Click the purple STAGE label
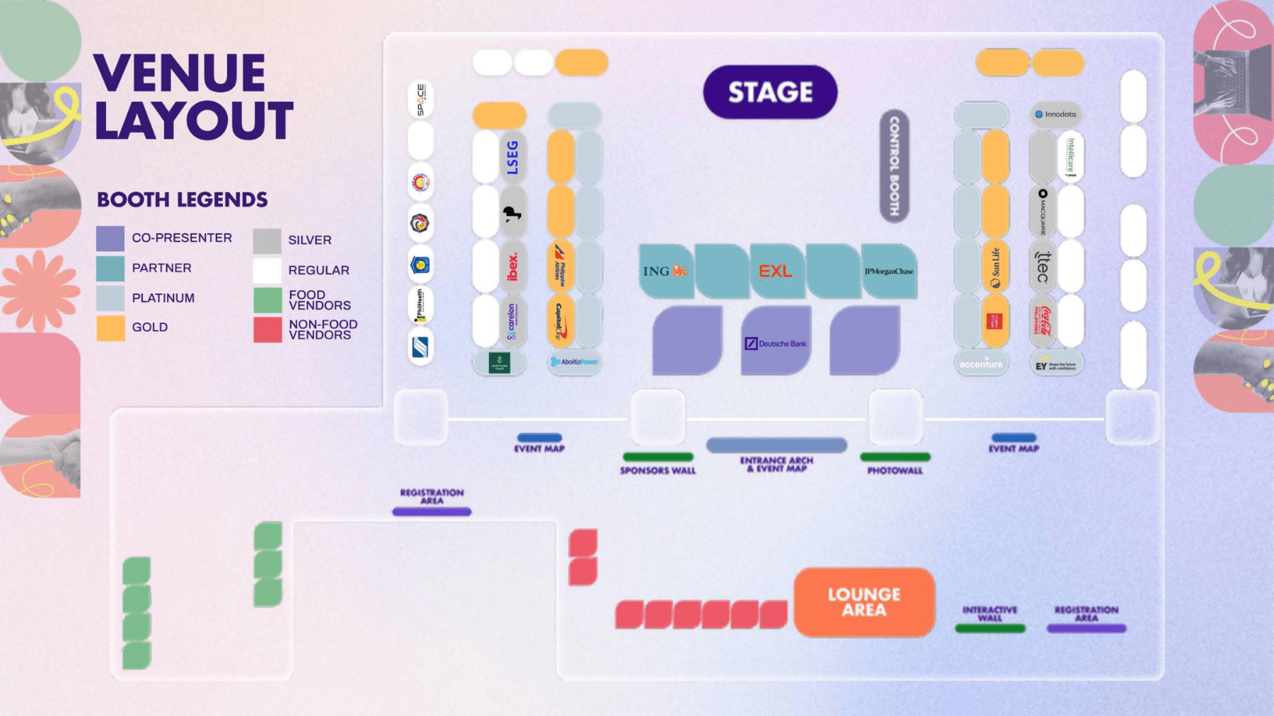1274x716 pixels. pos(770,92)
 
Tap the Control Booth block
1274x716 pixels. pos(894,166)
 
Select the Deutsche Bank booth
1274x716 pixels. pos(776,342)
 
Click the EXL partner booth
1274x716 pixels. pos(776,271)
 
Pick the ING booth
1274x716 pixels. pos(665,271)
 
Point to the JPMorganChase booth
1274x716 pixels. pos(889,271)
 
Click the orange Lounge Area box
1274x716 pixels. pos(864,602)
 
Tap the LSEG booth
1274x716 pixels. pos(512,157)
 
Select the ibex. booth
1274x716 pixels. pos(512,267)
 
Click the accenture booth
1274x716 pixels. pos(980,364)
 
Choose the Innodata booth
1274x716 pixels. pos(1056,114)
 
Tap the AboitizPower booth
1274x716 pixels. pos(574,362)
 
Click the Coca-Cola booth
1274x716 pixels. pos(1043,322)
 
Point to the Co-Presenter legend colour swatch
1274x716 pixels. pos(110,238)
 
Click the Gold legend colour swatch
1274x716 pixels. pos(110,328)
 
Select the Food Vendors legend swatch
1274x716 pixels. pos(268,300)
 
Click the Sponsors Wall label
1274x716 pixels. pos(658,470)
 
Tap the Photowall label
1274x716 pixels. pos(895,470)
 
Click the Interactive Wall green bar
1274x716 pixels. pos(989,628)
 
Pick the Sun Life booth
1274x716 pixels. pos(995,267)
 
